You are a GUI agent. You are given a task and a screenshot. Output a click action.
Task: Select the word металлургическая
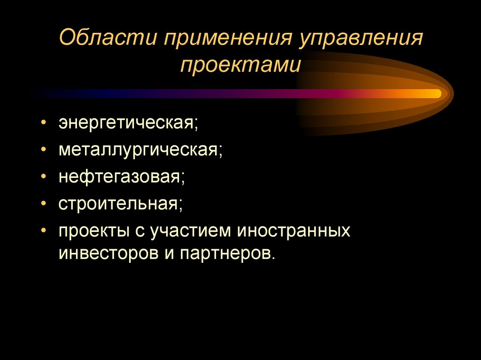pos(139,150)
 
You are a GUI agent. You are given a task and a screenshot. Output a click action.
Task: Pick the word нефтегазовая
pos(120,177)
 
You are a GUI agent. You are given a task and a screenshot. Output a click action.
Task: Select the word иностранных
pos(294,230)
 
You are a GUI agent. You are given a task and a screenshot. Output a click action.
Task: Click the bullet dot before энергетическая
pos(43,123)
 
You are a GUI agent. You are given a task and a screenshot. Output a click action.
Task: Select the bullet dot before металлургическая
pos(43,150)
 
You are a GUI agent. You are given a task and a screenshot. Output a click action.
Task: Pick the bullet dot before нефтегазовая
pos(43,177)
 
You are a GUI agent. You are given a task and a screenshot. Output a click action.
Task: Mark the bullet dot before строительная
pos(43,204)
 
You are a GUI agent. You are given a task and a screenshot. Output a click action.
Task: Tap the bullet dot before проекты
pos(43,230)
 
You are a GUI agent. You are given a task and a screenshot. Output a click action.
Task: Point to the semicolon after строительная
pos(180,205)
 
